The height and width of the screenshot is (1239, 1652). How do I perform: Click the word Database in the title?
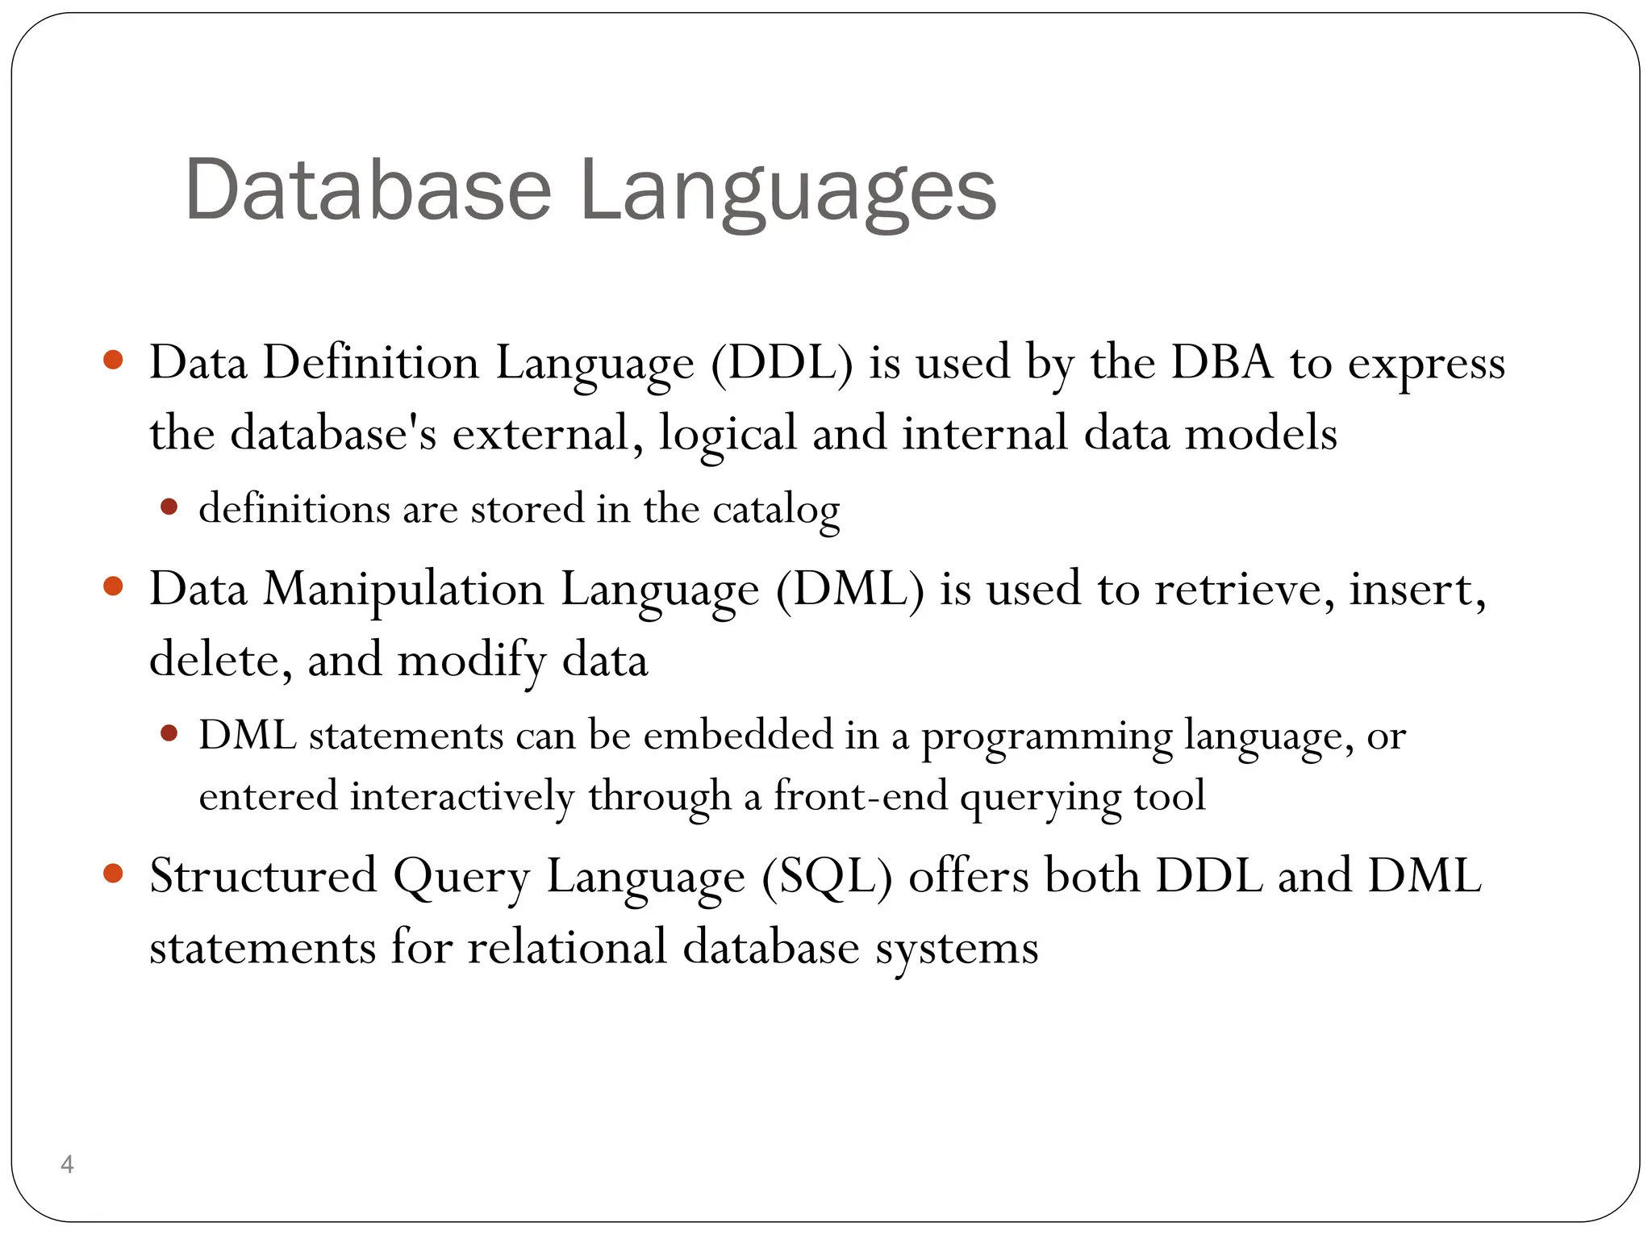coord(368,190)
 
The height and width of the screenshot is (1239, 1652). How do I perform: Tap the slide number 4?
coord(67,1164)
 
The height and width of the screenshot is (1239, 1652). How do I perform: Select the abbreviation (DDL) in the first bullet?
coord(782,363)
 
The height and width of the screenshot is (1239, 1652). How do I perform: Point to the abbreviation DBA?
coord(1222,363)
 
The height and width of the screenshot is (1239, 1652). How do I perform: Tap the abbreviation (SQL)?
coord(827,877)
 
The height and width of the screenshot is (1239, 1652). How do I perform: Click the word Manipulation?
coord(403,590)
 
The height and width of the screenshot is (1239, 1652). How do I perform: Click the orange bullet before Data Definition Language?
coord(114,360)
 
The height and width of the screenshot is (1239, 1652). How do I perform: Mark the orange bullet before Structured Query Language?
coord(114,873)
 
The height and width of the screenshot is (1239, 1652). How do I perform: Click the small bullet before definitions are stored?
coord(169,507)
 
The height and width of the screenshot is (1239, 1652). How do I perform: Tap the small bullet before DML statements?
coord(169,733)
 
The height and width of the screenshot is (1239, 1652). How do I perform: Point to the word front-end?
coord(860,797)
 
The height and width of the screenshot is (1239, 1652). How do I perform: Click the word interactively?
coord(462,797)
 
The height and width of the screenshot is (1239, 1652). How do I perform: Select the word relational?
coord(567,947)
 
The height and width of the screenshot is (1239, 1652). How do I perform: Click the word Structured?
coord(264,877)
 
